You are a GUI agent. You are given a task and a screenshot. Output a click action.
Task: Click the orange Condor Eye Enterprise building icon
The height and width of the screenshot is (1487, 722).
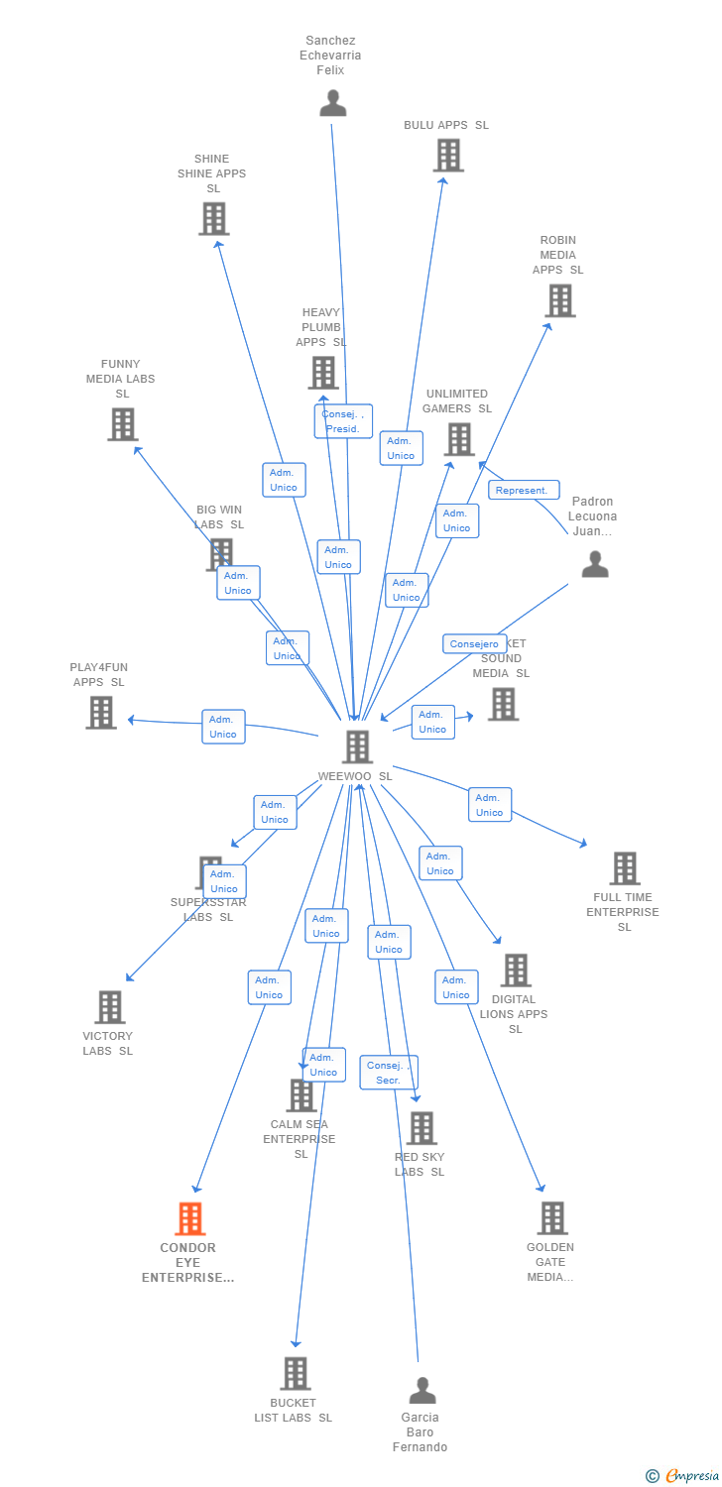point(189,1218)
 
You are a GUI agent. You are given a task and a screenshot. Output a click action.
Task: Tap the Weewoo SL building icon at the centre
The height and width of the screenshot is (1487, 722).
point(357,746)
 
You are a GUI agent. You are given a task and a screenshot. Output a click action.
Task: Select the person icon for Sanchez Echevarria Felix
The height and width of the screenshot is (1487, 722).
point(333,103)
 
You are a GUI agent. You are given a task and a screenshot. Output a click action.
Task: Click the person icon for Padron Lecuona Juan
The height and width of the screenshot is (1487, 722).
point(594,564)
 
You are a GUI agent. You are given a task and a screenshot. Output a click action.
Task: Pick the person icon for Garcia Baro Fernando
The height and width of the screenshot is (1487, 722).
point(422,1390)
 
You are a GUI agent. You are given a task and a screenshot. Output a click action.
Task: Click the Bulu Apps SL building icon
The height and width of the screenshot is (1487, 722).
point(448,156)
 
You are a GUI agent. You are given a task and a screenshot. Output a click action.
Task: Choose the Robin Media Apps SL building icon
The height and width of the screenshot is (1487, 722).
point(559,300)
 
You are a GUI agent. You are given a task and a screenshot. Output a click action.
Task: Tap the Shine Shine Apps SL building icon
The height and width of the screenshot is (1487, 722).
point(213,218)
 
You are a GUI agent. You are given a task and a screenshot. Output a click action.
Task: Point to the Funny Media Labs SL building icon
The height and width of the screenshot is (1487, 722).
point(122,424)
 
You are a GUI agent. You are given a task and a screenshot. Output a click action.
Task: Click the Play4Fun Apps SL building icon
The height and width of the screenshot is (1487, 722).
point(101,712)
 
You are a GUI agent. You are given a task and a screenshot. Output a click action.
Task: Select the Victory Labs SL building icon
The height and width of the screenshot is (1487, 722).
point(109,1007)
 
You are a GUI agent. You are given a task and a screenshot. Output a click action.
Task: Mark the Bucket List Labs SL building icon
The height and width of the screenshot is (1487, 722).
point(295,1374)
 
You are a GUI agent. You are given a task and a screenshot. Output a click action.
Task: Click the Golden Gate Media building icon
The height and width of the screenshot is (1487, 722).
point(551,1218)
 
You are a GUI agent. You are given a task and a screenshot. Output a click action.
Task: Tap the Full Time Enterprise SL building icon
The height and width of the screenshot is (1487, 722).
point(624,868)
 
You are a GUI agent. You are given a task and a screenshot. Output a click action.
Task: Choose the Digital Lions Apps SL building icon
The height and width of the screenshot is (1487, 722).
point(515,971)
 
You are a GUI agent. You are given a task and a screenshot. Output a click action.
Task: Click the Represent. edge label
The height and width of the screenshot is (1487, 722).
point(524,490)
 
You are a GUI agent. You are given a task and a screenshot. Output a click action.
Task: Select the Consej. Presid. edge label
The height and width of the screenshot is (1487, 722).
point(343,421)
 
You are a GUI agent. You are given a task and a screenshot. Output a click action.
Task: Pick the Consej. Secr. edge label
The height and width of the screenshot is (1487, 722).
point(388,1073)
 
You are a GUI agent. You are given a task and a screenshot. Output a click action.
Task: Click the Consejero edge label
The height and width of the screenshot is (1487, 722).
point(474,644)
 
